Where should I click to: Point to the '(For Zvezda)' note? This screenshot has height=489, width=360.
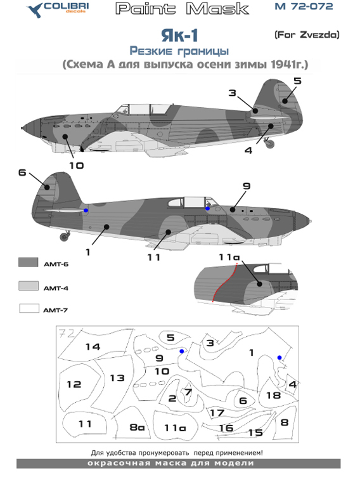[307, 35]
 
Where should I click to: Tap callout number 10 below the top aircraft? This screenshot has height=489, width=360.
[75, 166]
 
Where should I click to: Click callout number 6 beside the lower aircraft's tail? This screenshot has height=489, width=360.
[22, 173]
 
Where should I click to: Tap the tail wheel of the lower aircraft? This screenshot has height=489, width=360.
[64, 237]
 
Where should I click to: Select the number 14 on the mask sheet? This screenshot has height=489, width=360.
[93, 347]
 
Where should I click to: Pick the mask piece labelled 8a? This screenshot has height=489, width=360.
[137, 427]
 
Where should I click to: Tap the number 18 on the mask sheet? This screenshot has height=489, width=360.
[273, 395]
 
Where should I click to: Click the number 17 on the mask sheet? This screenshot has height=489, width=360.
[217, 413]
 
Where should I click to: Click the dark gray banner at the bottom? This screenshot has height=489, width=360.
[179, 464]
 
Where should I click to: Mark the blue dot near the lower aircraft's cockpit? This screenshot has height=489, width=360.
[208, 207]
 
